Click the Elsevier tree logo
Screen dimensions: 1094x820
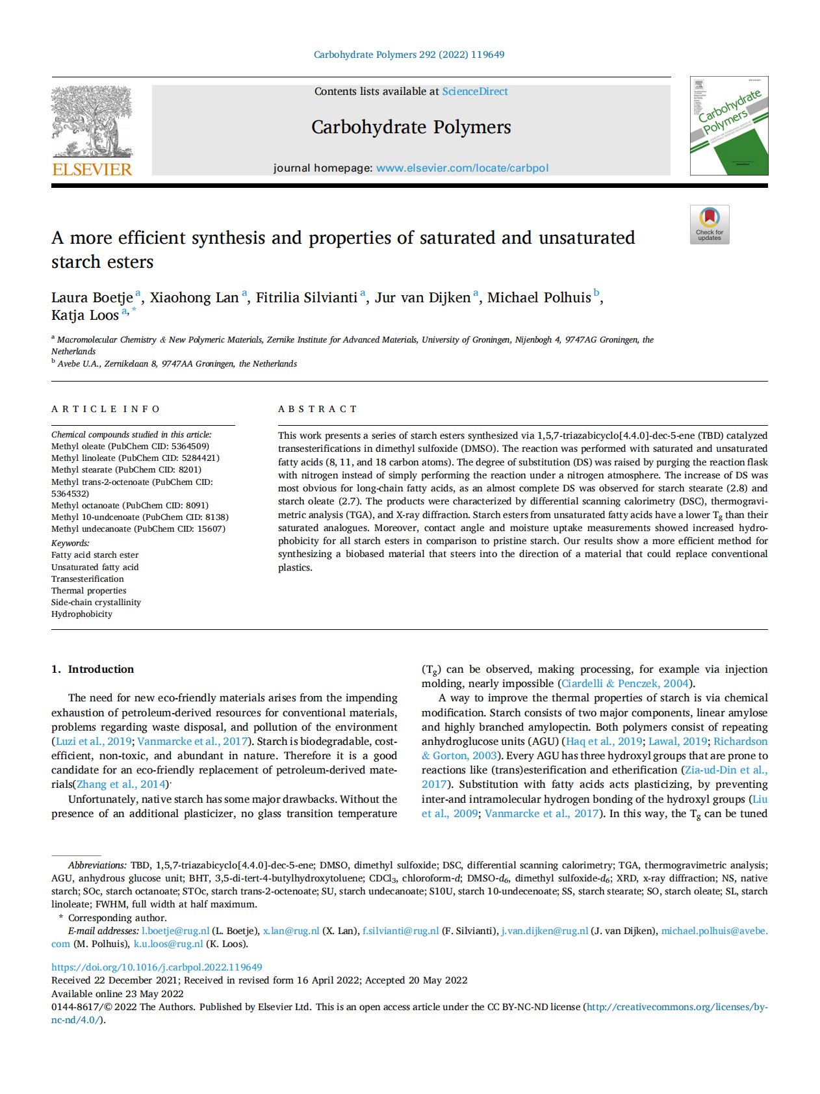tap(92, 122)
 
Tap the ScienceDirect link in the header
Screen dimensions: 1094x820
tap(475, 92)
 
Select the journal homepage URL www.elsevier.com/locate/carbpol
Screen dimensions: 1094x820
tap(462, 168)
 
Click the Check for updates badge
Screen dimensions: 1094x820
tap(710, 224)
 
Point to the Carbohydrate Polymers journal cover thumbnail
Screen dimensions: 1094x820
tap(729, 125)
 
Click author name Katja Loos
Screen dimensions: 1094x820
tap(85, 315)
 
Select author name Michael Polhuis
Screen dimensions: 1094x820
tap(539, 298)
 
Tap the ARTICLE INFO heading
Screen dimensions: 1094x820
tap(106, 409)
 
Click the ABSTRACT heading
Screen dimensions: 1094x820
tap(318, 409)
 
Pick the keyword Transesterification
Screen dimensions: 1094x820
tap(88, 579)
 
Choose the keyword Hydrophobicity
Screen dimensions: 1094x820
tap(82, 614)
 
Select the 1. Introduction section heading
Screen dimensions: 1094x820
tap(93, 669)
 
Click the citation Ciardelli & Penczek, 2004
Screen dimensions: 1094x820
tap(624, 683)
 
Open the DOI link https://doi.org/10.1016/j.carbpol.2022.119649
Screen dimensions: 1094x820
tap(157, 967)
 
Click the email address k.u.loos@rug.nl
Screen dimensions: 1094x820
tap(168, 943)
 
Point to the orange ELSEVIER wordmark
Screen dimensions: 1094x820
tap(92, 170)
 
